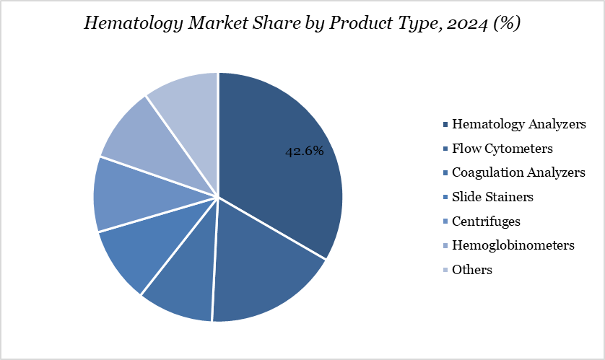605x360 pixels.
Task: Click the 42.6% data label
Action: click(x=303, y=152)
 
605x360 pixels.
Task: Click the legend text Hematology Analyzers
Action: click(x=518, y=124)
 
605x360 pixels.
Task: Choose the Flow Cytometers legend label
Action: click(x=502, y=149)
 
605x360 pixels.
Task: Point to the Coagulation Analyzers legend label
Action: click(x=518, y=172)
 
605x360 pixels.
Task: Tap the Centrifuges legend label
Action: click(x=486, y=221)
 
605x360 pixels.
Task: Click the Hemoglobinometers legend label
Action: click(x=513, y=245)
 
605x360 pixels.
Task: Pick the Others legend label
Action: click(x=472, y=270)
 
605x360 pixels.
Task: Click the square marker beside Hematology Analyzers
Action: click(x=445, y=125)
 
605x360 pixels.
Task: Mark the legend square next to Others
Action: click(x=445, y=271)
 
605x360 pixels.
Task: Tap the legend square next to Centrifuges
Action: click(x=445, y=221)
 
